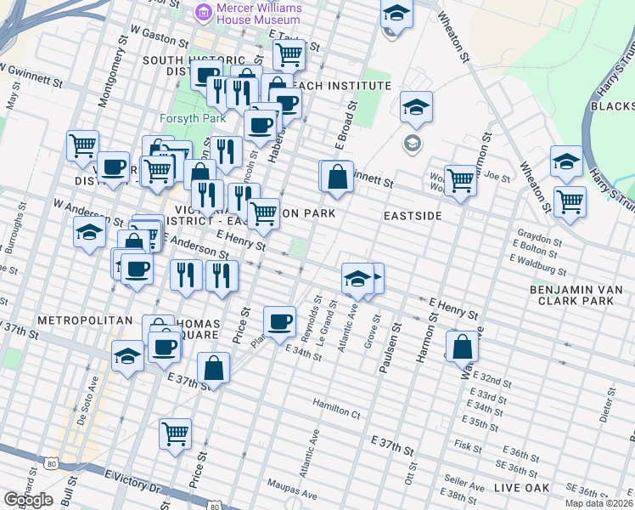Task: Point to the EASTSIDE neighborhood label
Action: [x=413, y=216]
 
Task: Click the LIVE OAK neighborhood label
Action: [x=520, y=487]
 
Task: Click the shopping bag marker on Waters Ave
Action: [x=461, y=348]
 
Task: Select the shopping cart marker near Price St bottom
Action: [x=175, y=434]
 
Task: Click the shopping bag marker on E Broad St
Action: [x=337, y=177]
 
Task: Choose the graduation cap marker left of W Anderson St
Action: [x=89, y=232]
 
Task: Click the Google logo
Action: [x=28, y=500]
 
